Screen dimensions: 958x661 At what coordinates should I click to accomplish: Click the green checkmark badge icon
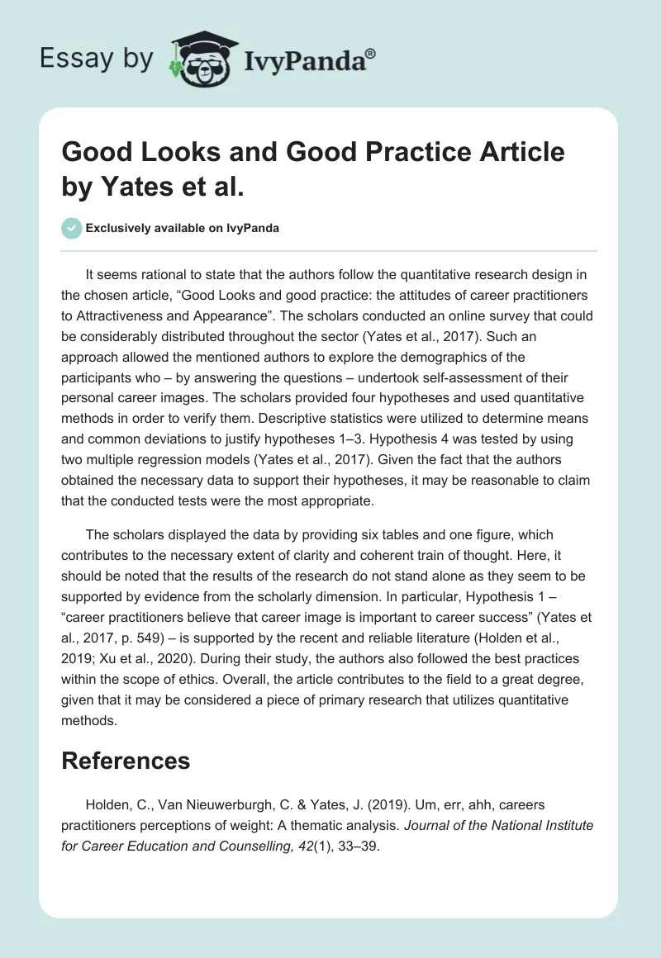pyautogui.click(x=72, y=228)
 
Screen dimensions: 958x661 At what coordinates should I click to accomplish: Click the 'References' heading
pyautogui.click(x=126, y=761)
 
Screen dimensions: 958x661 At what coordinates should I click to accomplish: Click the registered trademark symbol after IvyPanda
pyautogui.click(x=371, y=52)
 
